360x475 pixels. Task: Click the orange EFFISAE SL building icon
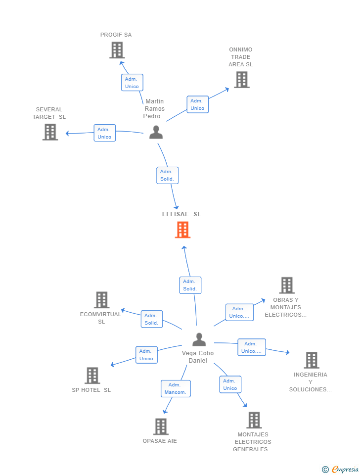[x=182, y=230]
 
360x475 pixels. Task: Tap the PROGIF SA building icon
[x=117, y=50]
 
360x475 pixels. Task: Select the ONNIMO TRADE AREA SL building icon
[x=242, y=80]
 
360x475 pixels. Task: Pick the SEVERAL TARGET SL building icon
[x=50, y=132]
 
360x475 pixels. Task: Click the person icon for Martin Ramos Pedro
[x=156, y=133]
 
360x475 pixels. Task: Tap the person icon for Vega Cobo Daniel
[x=199, y=339]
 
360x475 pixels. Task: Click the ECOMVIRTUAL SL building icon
[x=101, y=300]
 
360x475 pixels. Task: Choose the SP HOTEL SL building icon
[x=92, y=376]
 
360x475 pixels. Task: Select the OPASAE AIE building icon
[x=161, y=427]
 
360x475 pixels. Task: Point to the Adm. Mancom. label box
[x=176, y=389]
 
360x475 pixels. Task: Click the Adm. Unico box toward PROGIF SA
[x=132, y=83]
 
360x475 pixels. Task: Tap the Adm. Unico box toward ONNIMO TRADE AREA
[x=197, y=104]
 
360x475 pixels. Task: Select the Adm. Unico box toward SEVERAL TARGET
[x=104, y=133]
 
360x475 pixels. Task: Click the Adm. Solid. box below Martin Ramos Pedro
[x=167, y=175]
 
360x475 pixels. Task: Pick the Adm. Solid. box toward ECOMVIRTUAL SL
[x=152, y=319]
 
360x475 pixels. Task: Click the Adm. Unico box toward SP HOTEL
[x=146, y=355]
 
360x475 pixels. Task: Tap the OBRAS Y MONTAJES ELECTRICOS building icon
[x=287, y=285]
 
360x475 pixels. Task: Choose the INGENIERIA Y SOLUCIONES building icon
[x=311, y=360]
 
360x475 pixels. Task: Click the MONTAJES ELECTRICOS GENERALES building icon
[x=254, y=420]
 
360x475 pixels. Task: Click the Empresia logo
[x=340, y=469]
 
